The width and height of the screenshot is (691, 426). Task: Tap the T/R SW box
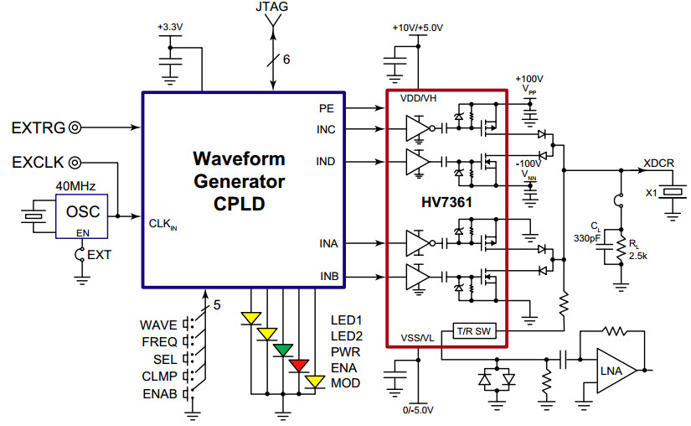click(x=476, y=331)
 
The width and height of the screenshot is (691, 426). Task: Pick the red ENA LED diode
click(x=300, y=365)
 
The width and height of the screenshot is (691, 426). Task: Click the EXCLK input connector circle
click(x=75, y=161)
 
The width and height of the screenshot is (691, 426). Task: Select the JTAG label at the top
click(x=274, y=8)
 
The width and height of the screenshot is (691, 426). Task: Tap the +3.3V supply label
click(x=170, y=28)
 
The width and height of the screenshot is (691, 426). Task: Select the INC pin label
click(x=327, y=129)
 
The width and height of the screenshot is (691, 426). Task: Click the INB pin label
click(x=328, y=275)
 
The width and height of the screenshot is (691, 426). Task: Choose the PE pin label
click(x=327, y=108)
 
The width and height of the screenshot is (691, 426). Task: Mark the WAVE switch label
click(x=158, y=325)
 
